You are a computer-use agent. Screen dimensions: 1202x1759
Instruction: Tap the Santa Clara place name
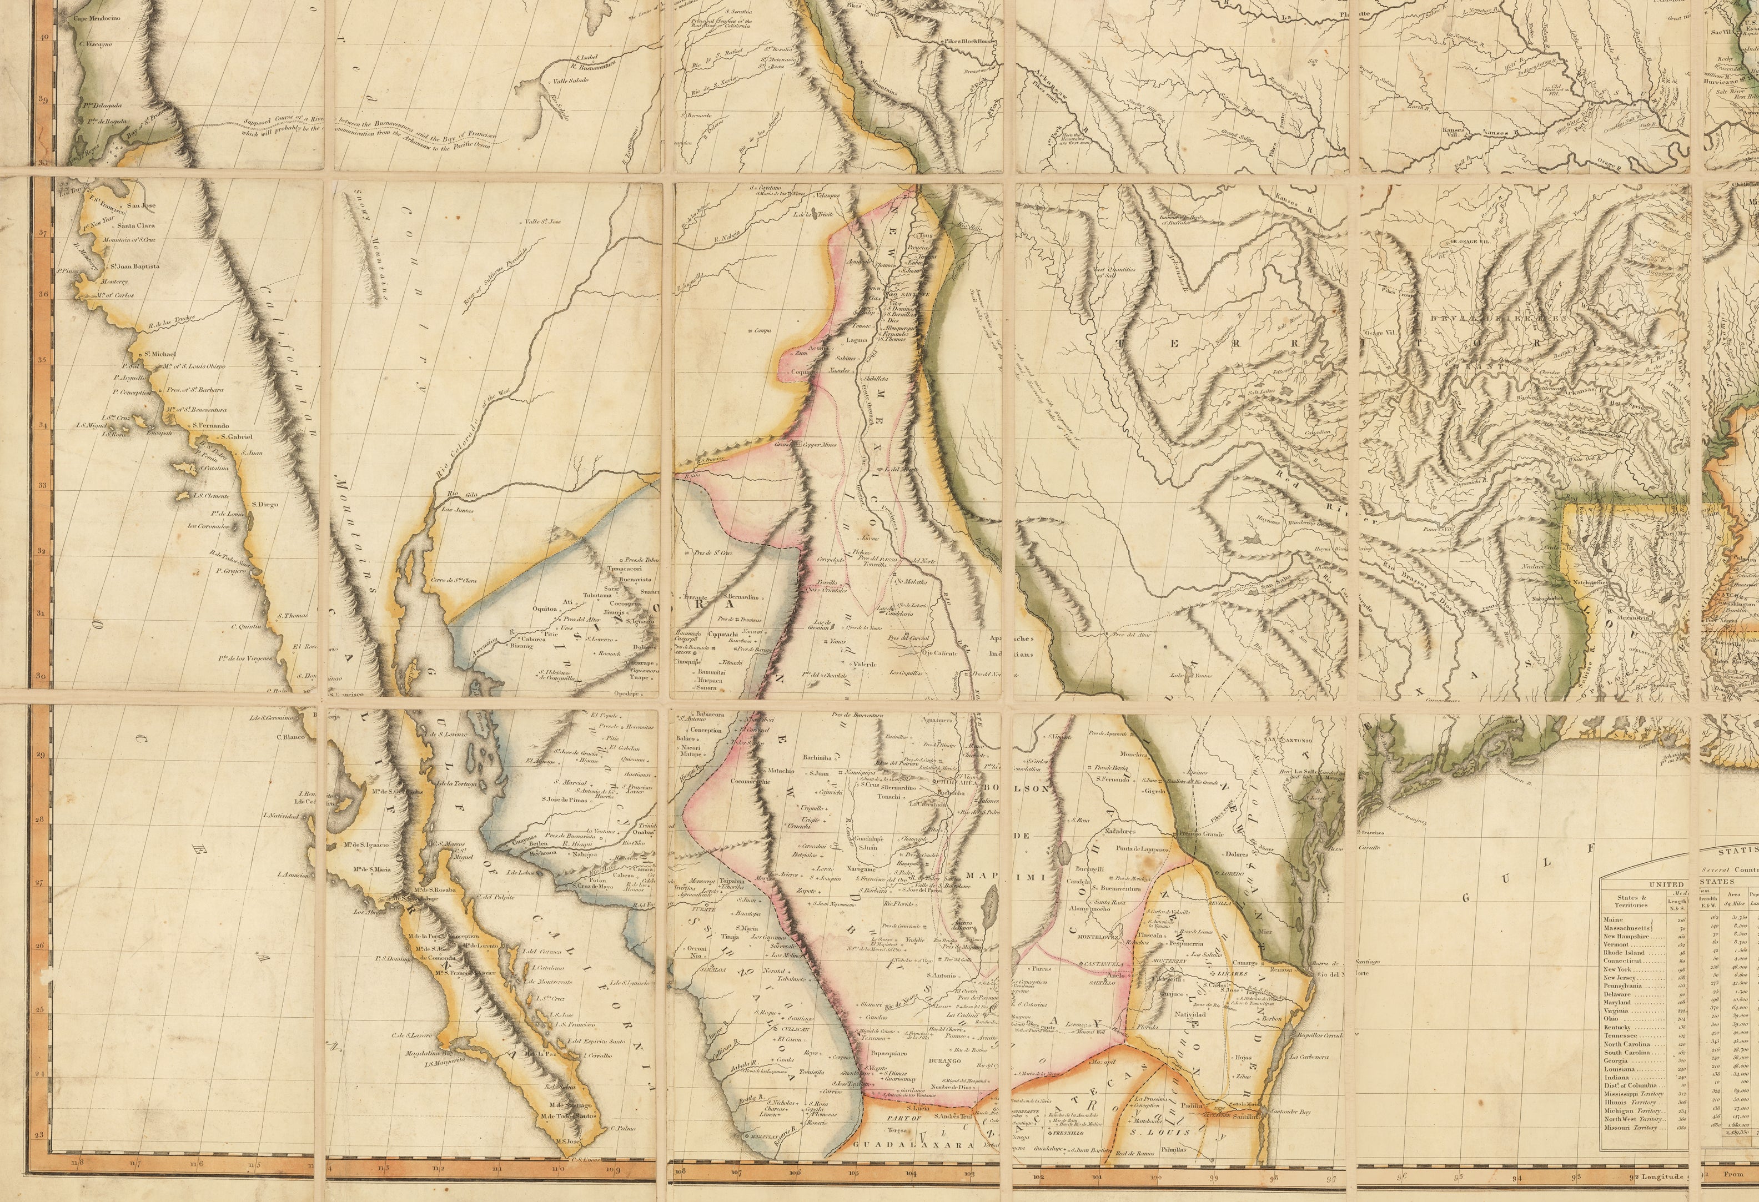coord(135,225)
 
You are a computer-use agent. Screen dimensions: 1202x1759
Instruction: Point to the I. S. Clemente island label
coord(210,496)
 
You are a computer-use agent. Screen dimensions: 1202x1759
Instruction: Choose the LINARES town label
coord(1231,973)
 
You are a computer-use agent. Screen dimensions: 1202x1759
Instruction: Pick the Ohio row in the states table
coord(1613,1019)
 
